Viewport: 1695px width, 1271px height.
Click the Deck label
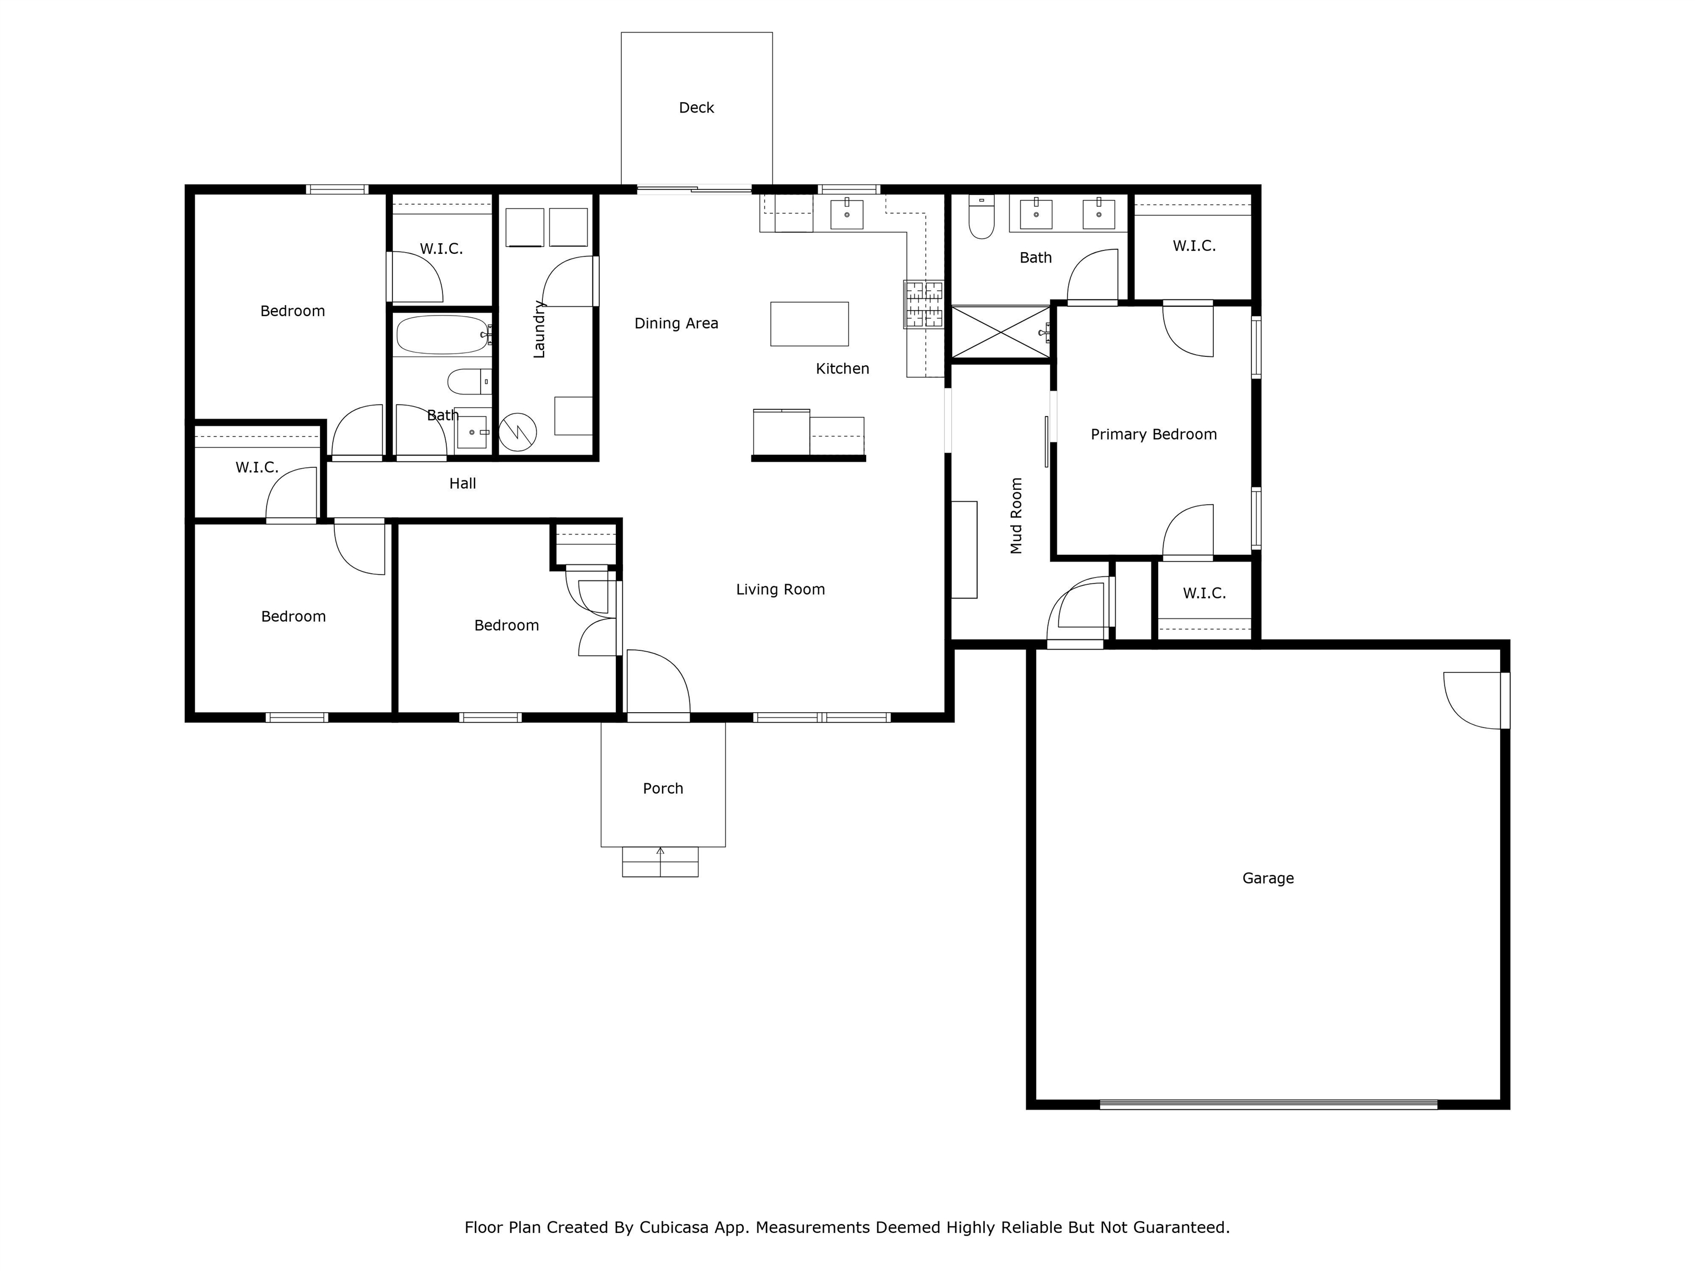click(696, 108)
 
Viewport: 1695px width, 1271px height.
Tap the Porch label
click(663, 788)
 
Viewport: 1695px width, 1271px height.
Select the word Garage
click(1267, 879)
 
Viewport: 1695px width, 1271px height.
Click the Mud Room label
click(1016, 516)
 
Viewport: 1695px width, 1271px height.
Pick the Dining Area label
click(676, 323)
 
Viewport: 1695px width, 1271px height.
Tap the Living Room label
click(780, 589)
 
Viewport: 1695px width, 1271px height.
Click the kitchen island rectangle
click(809, 324)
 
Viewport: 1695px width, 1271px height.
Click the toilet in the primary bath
click(982, 217)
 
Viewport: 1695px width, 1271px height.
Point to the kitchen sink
click(847, 215)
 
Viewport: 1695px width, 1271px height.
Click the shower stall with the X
click(1001, 332)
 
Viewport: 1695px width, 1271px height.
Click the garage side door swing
click(1472, 700)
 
